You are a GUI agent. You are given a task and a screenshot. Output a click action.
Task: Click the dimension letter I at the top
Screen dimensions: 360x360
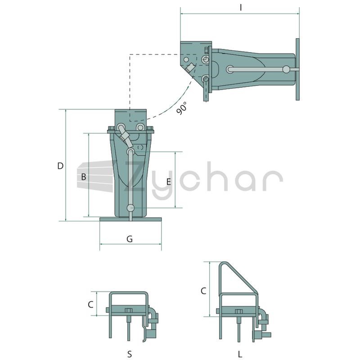[241, 8]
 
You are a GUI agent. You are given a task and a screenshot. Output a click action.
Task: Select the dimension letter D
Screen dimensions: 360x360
[60, 166]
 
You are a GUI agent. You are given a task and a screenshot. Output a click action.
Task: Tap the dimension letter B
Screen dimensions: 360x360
[84, 177]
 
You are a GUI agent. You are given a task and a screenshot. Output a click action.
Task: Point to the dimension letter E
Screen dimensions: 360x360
[169, 182]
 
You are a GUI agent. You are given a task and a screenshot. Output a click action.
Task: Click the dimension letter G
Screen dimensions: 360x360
[130, 239]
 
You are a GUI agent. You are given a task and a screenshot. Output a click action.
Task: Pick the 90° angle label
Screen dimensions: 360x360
[182, 108]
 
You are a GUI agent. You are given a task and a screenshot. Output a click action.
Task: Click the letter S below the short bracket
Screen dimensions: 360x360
[130, 354]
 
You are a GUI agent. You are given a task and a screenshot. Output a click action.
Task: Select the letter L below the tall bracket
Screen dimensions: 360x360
[240, 354]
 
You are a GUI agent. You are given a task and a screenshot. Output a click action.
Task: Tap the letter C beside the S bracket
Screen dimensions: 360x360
[91, 305]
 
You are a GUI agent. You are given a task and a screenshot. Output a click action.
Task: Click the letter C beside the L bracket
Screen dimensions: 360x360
[203, 291]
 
